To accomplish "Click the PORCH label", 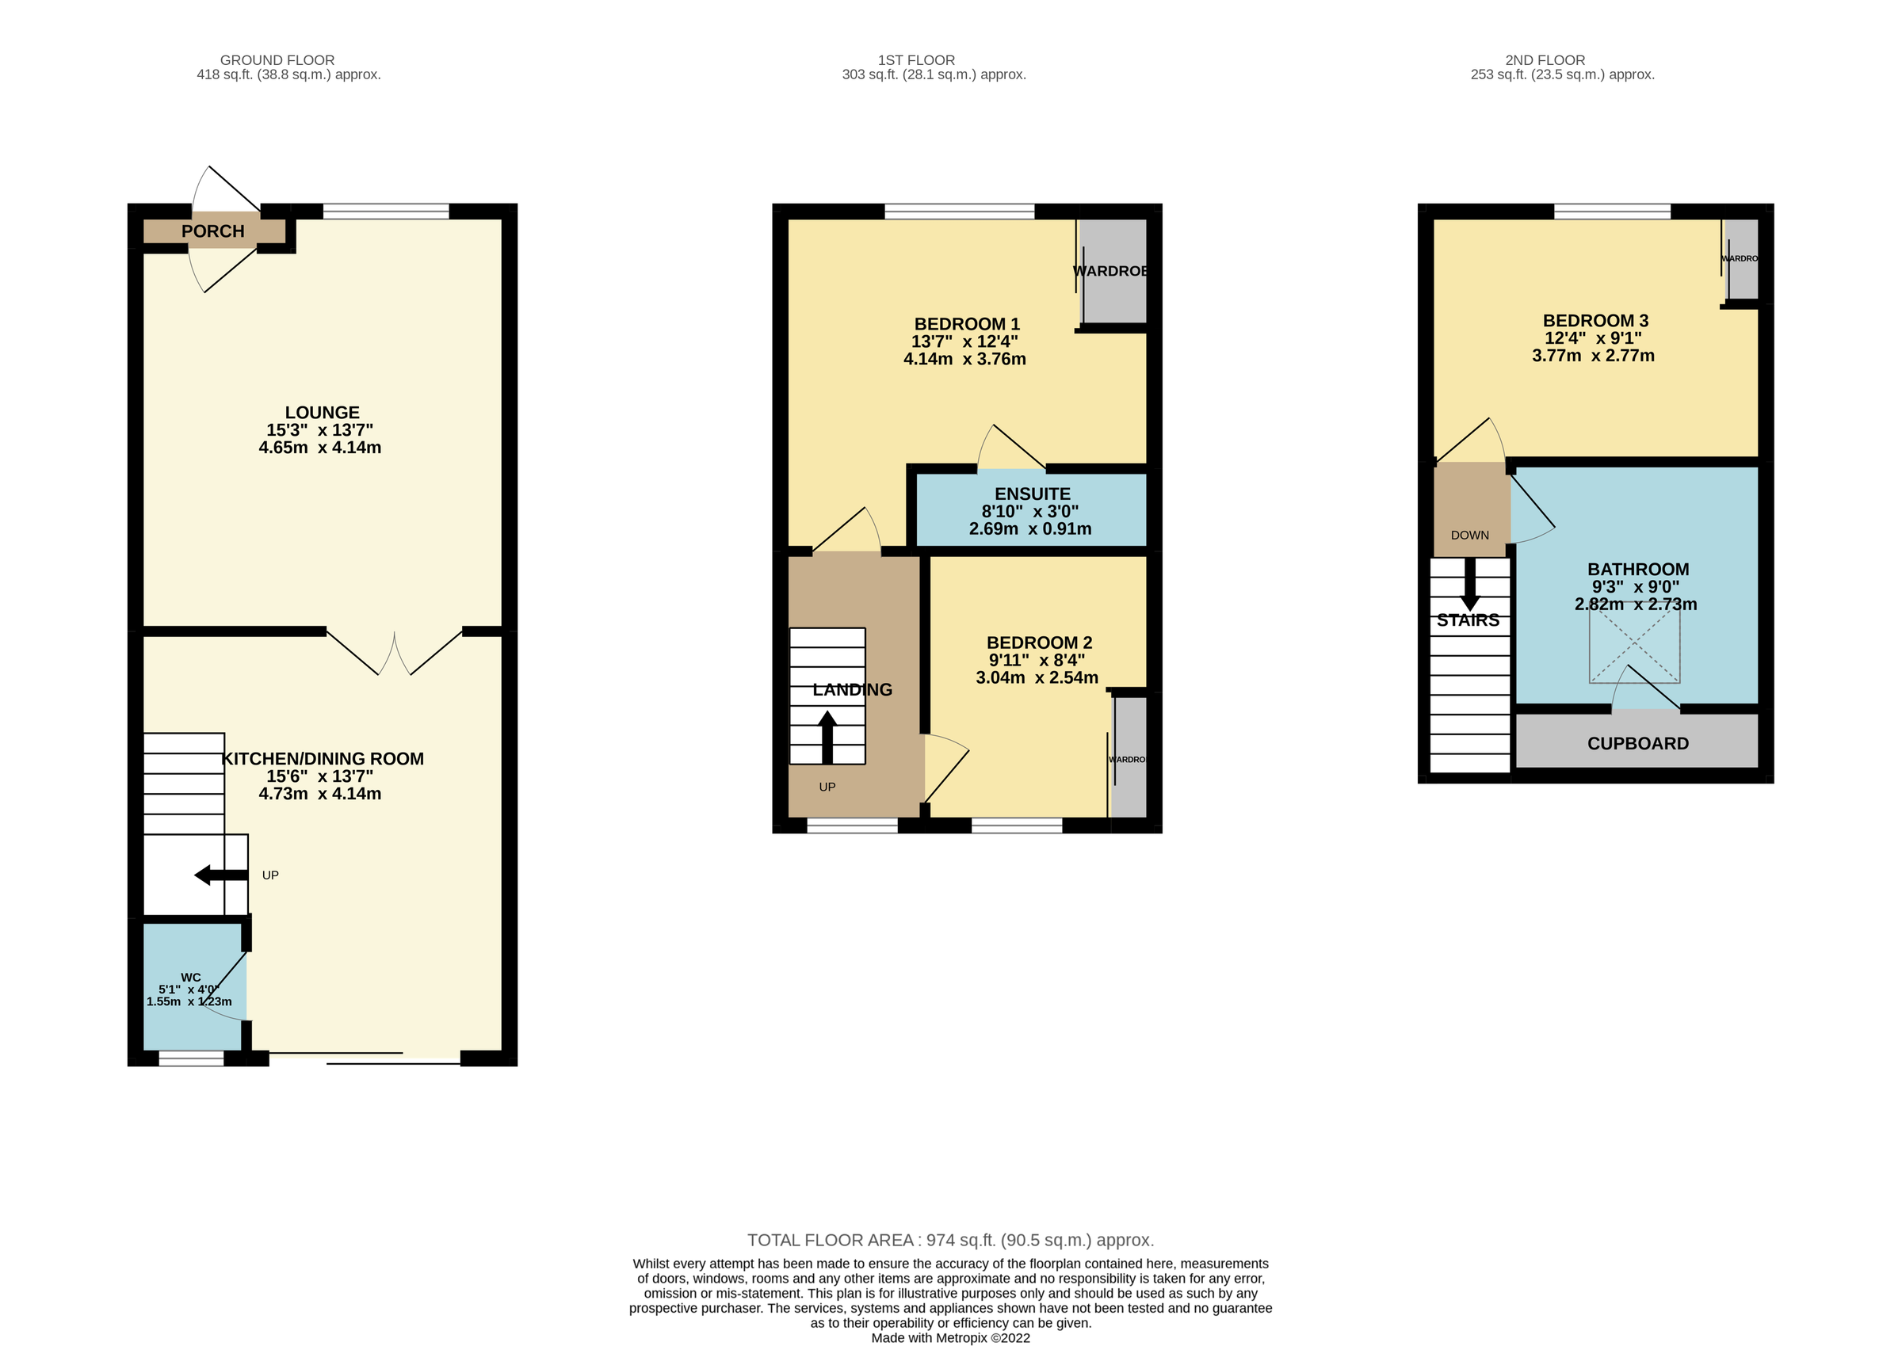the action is click(x=213, y=231).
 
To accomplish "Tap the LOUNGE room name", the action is click(x=323, y=413).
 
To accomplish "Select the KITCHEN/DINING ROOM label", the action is click(x=323, y=758).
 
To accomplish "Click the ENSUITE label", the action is click(x=1033, y=494).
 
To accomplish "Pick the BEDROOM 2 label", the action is click(x=1039, y=642).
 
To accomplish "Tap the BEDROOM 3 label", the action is click(x=1595, y=321).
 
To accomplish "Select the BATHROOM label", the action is click(x=1637, y=570).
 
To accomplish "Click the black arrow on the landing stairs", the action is click(x=827, y=737).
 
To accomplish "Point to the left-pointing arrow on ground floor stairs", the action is click(x=220, y=875).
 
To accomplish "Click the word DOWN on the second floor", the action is click(x=1470, y=536).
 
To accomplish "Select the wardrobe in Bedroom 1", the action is click(x=1113, y=271).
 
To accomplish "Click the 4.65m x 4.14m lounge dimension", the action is click(x=320, y=448).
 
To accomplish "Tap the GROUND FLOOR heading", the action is click(x=277, y=60).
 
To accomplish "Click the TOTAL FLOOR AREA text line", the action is click(x=950, y=1240).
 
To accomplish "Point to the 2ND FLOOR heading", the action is click(x=1545, y=60).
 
